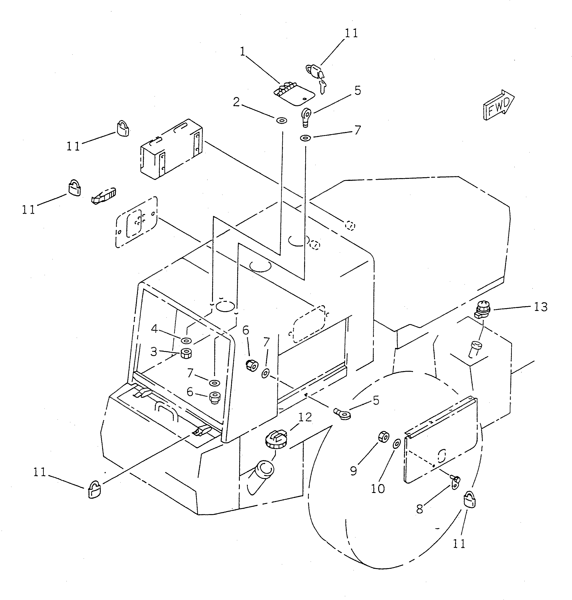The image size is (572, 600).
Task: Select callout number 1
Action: pyautogui.click(x=243, y=52)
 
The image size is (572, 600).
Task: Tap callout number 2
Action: pyautogui.click(x=236, y=102)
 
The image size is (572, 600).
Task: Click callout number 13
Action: pyautogui.click(x=541, y=307)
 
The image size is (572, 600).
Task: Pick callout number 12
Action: pyautogui.click(x=305, y=417)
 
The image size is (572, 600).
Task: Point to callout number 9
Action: pyautogui.click(x=353, y=471)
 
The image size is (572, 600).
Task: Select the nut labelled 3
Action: pyautogui.click(x=186, y=354)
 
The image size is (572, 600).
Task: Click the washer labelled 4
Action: pyautogui.click(x=186, y=340)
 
